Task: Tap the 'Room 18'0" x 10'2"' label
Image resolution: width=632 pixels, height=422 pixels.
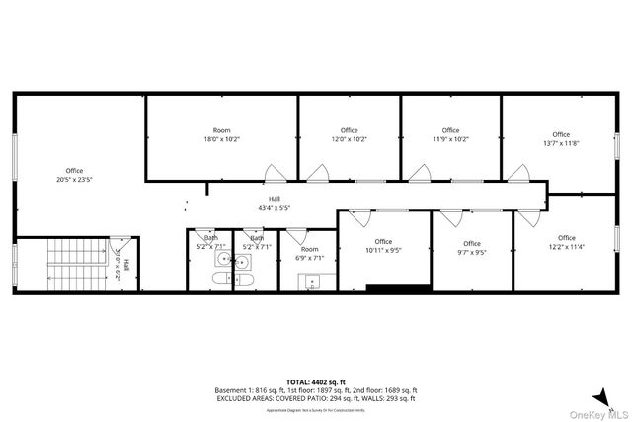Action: [x=222, y=135]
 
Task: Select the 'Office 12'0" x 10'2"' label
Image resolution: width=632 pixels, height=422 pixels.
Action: [x=349, y=135]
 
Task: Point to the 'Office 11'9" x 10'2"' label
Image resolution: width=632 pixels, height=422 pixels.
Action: [x=450, y=135]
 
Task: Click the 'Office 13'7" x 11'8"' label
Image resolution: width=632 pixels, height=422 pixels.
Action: [x=561, y=139]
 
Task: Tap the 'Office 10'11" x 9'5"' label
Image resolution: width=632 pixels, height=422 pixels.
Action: [x=383, y=246]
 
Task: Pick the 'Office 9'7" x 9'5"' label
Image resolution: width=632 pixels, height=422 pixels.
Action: [x=471, y=248]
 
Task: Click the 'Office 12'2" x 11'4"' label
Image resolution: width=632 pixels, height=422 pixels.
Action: [x=566, y=242]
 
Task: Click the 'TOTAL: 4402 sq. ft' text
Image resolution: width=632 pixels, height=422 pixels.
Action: [x=315, y=381]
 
